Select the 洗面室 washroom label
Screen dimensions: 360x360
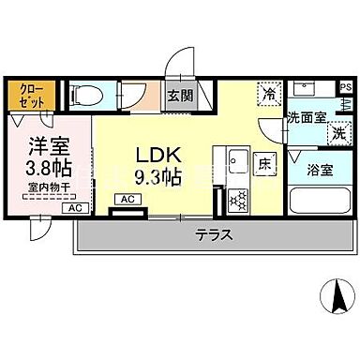(x=305, y=118)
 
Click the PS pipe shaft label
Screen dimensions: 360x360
(x=346, y=87)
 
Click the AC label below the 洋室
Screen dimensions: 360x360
(x=73, y=207)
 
